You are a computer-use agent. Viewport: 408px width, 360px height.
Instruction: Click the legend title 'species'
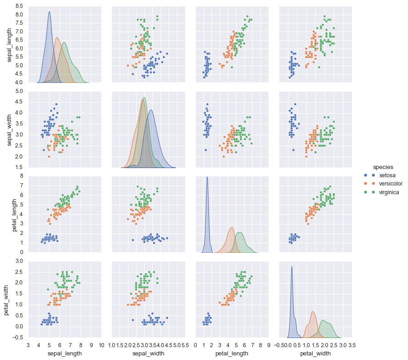point(381,167)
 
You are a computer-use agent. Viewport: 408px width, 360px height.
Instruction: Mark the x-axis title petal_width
point(316,353)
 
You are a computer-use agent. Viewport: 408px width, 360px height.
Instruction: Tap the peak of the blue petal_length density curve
point(207,177)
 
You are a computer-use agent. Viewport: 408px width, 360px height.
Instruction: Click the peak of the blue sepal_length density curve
point(50,12)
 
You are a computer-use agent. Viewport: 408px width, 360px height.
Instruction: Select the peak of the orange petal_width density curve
point(313,311)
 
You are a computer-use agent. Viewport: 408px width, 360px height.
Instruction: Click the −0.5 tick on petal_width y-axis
point(17,338)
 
